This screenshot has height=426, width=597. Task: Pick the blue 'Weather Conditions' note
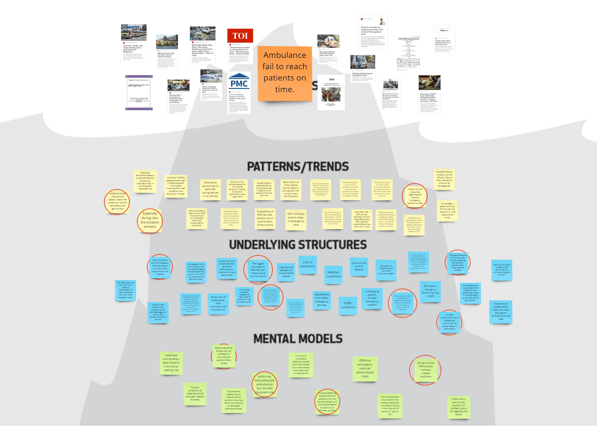point(333,274)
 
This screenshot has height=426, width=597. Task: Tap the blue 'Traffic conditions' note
point(348,305)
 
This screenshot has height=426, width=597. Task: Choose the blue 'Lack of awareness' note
point(308,264)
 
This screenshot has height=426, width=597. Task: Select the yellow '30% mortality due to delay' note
point(296,219)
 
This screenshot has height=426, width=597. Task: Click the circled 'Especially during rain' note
point(150,220)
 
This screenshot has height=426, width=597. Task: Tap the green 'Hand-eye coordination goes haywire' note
point(171,363)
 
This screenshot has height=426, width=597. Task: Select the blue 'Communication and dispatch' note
point(359,266)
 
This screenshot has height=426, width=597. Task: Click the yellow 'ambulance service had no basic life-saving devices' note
point(210,189)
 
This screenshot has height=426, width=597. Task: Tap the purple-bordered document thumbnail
point(139,93)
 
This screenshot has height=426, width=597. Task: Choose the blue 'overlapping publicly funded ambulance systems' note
point(372,298)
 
